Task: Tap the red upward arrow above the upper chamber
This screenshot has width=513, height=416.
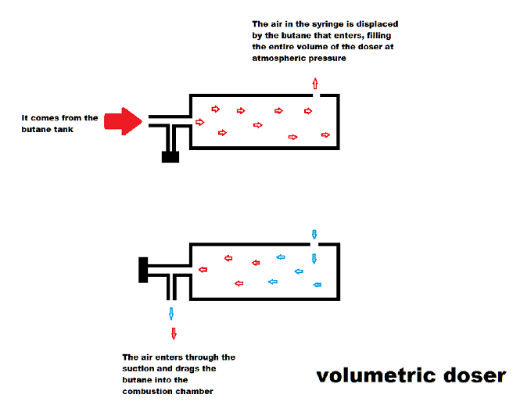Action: (315, 84)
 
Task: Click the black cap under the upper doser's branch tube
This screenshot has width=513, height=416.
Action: (170, 156)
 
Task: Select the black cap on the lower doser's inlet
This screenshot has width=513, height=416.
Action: (144, 268)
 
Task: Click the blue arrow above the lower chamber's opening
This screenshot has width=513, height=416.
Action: (314, 234)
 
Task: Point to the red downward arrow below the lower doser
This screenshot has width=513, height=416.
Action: (174, 333)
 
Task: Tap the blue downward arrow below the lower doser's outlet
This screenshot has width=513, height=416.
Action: (171, 314)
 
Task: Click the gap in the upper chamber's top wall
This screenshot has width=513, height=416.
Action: (315, 95)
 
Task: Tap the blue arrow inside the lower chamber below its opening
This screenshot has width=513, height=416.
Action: (314, 259)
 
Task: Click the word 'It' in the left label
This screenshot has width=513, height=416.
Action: (26, 118)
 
